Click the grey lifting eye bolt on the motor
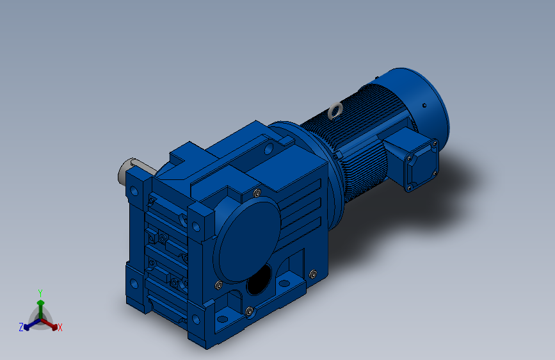[335, 111]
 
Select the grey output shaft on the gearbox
[129, 170]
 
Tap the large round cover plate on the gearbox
[247, 240]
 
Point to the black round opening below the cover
[259, 281]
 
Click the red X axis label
[60, 328]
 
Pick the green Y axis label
[40, 293]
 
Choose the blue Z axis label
[21, 327]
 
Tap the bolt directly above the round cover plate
[257, 193]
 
